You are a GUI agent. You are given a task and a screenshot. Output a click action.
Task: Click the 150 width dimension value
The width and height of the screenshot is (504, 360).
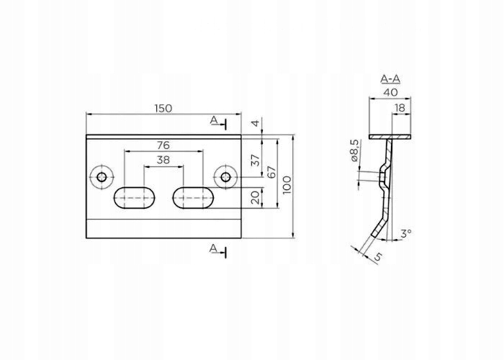pyautogui.click(x=163, y=108)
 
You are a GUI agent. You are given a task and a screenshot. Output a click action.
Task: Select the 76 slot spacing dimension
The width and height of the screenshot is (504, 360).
pyautogui.click(x=163, y=145)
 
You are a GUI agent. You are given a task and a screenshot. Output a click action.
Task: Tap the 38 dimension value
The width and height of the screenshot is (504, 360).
pyautogui.click(x=163, y=161)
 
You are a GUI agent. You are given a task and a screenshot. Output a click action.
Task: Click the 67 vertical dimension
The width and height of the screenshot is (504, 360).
pyautogui.click(x=271, y=174)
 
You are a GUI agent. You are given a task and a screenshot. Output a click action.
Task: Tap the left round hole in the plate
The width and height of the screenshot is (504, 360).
pyautogui.click(x=102, y=176)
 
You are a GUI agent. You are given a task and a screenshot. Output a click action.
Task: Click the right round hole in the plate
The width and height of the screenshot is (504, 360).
pyautogui.click(x=226, y=176)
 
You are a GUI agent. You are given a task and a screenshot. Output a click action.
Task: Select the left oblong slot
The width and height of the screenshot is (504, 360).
pyautogui.click(x=134, y=197)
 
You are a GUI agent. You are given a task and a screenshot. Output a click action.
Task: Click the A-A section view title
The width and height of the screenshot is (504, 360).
pyautogui.click(x=390, y=79)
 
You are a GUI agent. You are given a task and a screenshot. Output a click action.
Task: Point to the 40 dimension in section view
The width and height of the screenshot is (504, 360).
pyautogui.click(x=390, y=92)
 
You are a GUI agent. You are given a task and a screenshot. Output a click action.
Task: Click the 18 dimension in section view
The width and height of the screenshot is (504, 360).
pyautogui.click(x=400, y=108)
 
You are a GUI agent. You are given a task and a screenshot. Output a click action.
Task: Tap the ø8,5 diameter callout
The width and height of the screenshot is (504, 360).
pyautogui.click(x=354, y=152)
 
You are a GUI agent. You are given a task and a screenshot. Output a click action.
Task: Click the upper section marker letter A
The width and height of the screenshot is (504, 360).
pyautogui.click(x=213, y=120)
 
